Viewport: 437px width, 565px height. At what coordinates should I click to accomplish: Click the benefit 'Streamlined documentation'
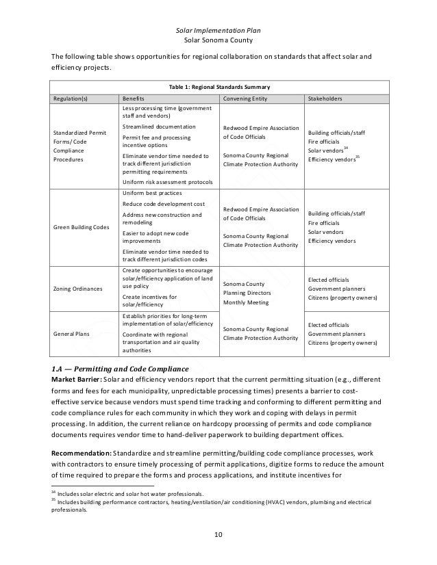[158, 127]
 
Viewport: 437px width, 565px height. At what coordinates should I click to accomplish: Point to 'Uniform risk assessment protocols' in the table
[167, 182]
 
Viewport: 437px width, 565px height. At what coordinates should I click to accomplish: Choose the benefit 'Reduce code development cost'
[162, 204]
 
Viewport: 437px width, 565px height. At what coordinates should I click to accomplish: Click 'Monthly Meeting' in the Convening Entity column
[247, 302]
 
